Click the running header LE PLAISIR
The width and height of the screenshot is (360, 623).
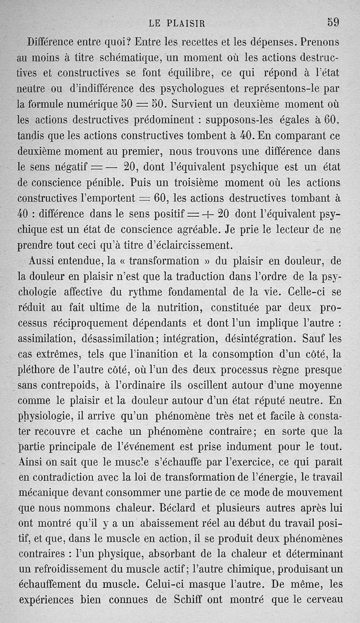click(x=180, y=23)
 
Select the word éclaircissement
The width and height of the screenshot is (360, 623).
click(x=195, y=246)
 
